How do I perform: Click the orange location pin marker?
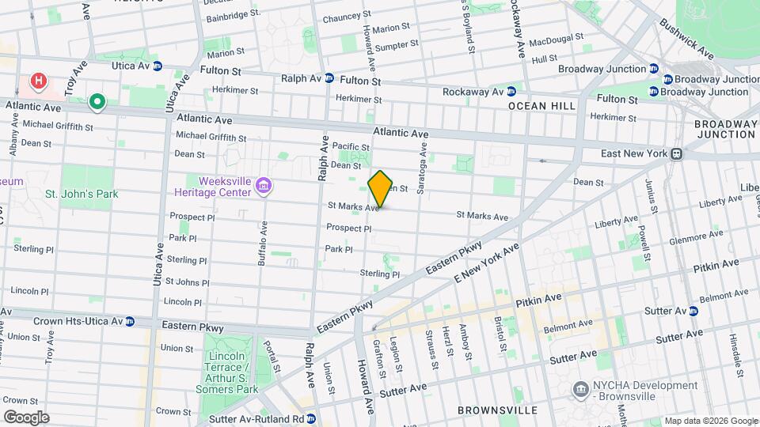point(381,189)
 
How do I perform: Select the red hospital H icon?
point(37,81)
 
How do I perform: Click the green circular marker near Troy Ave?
point(97,101)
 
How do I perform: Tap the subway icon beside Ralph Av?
point(330,79)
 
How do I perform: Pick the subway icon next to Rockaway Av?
point(511,91)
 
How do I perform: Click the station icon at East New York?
point(677,154)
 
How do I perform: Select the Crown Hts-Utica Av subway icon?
point(129,322)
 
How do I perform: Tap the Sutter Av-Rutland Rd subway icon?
point(311,418)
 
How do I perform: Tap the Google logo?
point(26,418)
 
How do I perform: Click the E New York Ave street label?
point(486,265)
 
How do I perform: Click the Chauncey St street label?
point(342,16)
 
